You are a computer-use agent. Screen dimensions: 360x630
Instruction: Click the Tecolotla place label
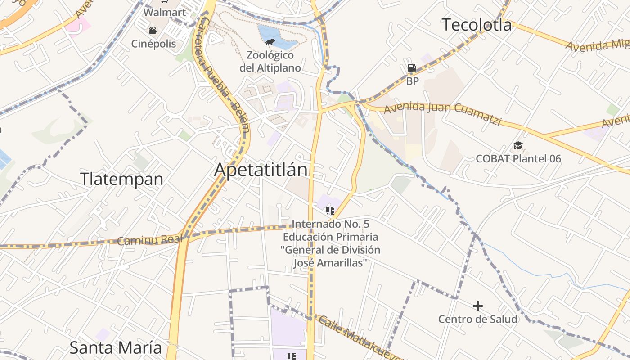(x=477, y=25)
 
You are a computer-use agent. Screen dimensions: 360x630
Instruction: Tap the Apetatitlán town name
(x=261, y=170)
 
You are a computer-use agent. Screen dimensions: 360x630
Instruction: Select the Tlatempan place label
(x=121, y=179)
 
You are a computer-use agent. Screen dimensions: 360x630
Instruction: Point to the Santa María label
(x=116, y=347)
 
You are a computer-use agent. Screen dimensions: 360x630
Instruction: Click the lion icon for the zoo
(x=270, y=43)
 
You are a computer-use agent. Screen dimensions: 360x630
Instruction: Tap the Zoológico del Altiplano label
(x=270, y=62)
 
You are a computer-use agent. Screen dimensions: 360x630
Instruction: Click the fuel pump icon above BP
(x=412, y=68)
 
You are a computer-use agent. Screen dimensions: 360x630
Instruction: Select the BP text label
(x=412, y=81)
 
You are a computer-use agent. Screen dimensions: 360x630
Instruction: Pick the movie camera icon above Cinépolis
(x=153, y=31)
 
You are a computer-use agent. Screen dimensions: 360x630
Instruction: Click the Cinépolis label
(x=153, y=44)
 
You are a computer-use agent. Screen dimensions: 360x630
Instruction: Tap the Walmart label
(x=165, y=12)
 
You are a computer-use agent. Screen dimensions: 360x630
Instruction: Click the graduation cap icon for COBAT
(x=518, y=146)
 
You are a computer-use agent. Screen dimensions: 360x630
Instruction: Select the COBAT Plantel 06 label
(x=518, y=159)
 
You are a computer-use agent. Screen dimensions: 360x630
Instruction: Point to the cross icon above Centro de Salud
(x=478, y=306)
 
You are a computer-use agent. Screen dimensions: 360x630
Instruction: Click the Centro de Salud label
(x=478, y=319)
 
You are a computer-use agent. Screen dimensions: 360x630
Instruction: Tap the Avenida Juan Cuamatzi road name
(x=442, y=112)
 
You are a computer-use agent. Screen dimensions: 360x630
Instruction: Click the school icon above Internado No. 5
(x=331, y=210)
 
